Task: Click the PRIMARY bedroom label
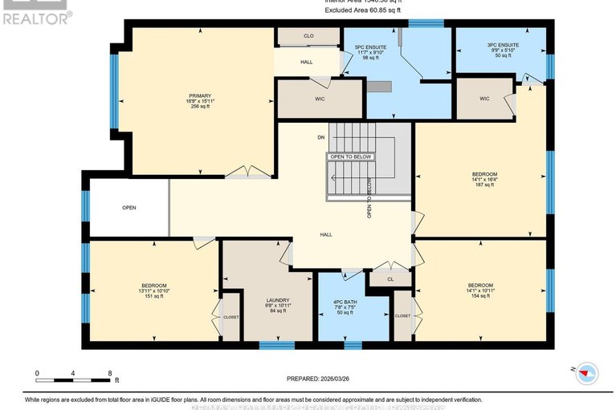pos(200,95)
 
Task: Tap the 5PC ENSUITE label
pos(371,47)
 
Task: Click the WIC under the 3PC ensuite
pos(484,99)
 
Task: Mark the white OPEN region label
pos(129,208)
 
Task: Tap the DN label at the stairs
pos(320,137)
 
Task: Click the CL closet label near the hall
pos(390,280)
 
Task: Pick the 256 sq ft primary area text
pos(200,107)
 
